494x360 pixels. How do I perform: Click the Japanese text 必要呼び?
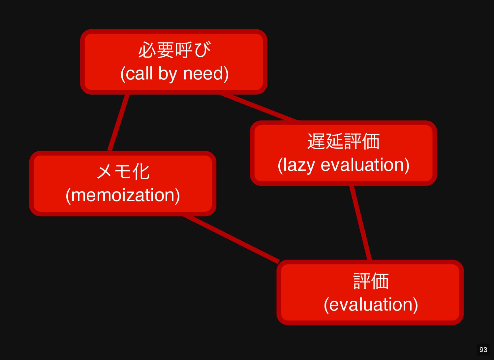point(174,50)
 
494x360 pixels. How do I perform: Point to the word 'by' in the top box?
point(168,74)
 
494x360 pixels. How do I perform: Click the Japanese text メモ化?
point(123,172)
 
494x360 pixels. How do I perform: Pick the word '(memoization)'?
point(123,195)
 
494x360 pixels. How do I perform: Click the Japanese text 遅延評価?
point(343,141)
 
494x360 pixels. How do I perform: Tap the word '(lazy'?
point(295,165)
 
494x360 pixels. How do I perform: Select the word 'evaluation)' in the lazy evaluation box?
point(365,165)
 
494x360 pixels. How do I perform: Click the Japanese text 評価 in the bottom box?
point(371,281)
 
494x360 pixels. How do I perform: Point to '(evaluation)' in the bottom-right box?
point(371,305)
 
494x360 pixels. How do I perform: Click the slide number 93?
point(483,350)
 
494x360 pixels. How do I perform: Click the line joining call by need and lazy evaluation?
point(259,108)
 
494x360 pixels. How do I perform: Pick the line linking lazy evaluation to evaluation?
point(360,223)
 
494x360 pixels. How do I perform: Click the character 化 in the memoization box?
point(141,172)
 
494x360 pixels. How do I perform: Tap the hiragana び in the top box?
point(202,50)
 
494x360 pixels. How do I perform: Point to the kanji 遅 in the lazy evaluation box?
point(316,141)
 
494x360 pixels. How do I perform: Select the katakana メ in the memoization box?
point(105,172)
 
